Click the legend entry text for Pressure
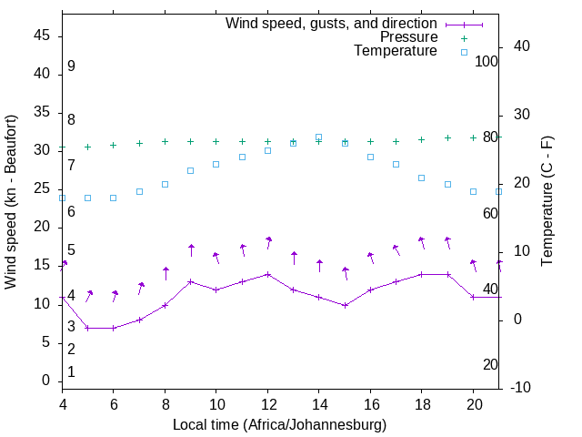point(408,37)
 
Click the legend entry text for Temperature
point(396,52)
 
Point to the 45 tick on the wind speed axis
point(42,36)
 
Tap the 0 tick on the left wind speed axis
point(45,381)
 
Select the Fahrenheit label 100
point(487,61)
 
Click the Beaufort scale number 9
point(71,66)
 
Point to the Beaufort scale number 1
point(71,371)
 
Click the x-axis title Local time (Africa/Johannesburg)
point(279,424)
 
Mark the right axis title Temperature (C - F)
point(547,202)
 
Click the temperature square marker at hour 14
point(318,137)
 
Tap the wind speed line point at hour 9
point(190,282)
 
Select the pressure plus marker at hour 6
point(113,145)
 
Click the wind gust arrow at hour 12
point(268,241)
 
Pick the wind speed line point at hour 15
point(345,305)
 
